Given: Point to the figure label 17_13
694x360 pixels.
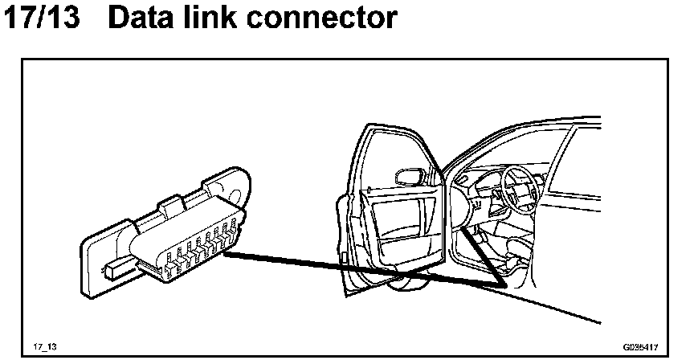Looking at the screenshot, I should tap(45, 346).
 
